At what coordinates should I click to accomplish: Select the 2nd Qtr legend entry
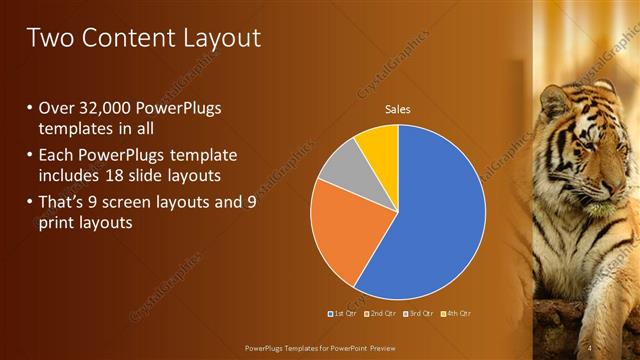381,314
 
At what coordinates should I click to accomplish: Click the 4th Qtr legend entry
456,314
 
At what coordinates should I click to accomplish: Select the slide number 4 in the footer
591,347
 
